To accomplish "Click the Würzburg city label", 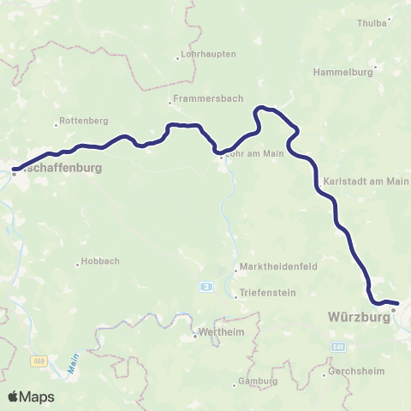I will coord(359,317).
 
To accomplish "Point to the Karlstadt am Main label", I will coord(367,182).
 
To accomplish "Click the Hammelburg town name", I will coord(343,73).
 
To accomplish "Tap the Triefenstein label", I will coord(269,293).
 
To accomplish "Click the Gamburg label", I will coord(259,380).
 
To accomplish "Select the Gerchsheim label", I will coord(353,372).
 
